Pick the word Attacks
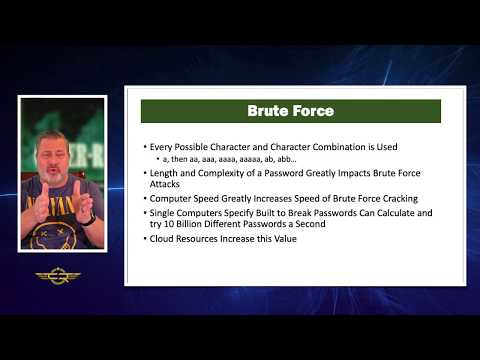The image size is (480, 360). tap(167, 185)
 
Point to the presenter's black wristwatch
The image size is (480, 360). tap(91, 217)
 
